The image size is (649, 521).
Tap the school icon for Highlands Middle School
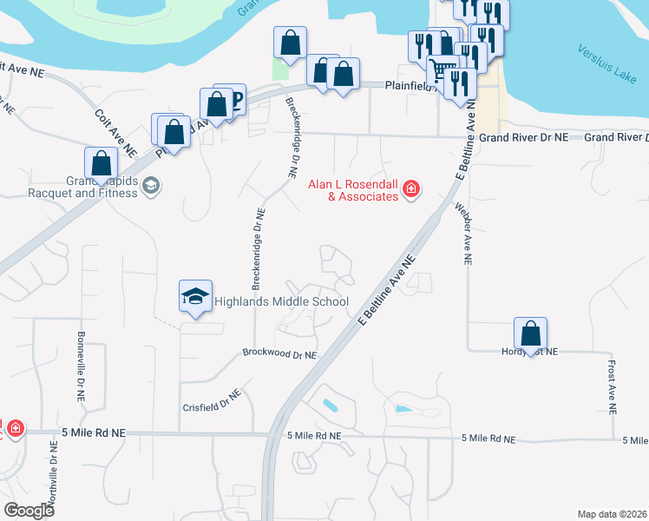tap(196, 296)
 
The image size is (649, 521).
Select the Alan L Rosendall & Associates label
tap(354, 190)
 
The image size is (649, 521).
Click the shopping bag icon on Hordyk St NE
tap(530, 333)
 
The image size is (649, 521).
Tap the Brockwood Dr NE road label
tap(279, 355)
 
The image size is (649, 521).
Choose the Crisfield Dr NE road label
tap(211, 400)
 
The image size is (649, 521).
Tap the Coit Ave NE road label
tap(116, 131)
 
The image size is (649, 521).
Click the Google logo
tap(29, 511)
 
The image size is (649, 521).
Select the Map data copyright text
tap(612, 514)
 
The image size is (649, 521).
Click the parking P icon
tap(234, 96)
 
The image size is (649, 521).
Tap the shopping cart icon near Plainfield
tap(443, 69)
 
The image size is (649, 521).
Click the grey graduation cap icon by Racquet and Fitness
tap(151, 186)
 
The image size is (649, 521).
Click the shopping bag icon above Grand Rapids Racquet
tap(102, 162)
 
